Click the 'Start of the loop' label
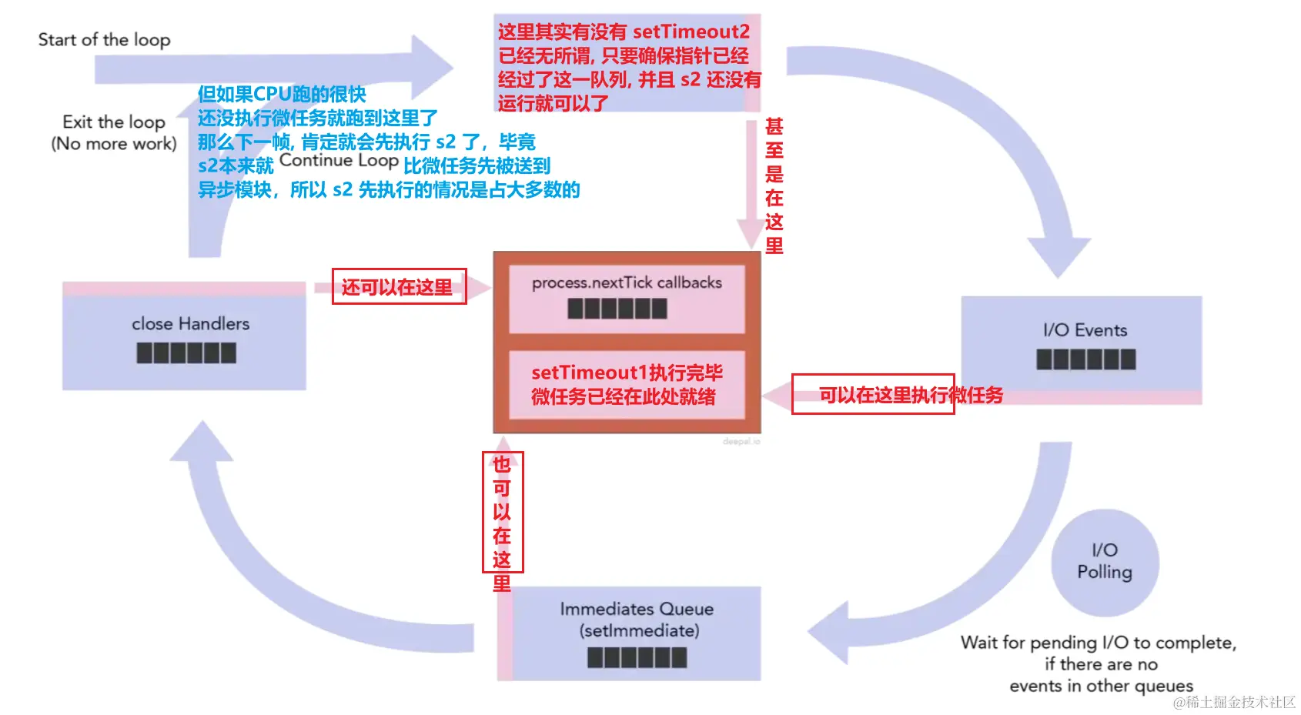tap(104, 39)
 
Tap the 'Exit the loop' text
tap(114, 122)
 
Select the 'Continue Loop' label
tap(339, 161)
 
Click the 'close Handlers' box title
tap(190, 324)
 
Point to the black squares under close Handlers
tap(186, 353)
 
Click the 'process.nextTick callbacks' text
tap(627, 282)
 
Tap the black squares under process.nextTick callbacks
tap(617, 309)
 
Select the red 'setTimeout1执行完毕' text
tap(627, 373)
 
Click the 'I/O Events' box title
tap(1085, 330)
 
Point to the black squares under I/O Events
tap(1085, 359)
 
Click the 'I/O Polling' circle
tap(1105, 562)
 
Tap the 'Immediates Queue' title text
tap(637, 609)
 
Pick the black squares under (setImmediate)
tap(637, 658)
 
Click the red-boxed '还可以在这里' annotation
tap(398, 287)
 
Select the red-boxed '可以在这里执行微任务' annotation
tap(910, 395)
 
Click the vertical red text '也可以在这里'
tap(502, 523)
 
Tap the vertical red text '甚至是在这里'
tap(774, 185)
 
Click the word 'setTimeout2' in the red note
tap(691, 32)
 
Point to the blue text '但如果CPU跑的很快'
tap(282, 94)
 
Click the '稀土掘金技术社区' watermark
tap(1234, 702)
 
